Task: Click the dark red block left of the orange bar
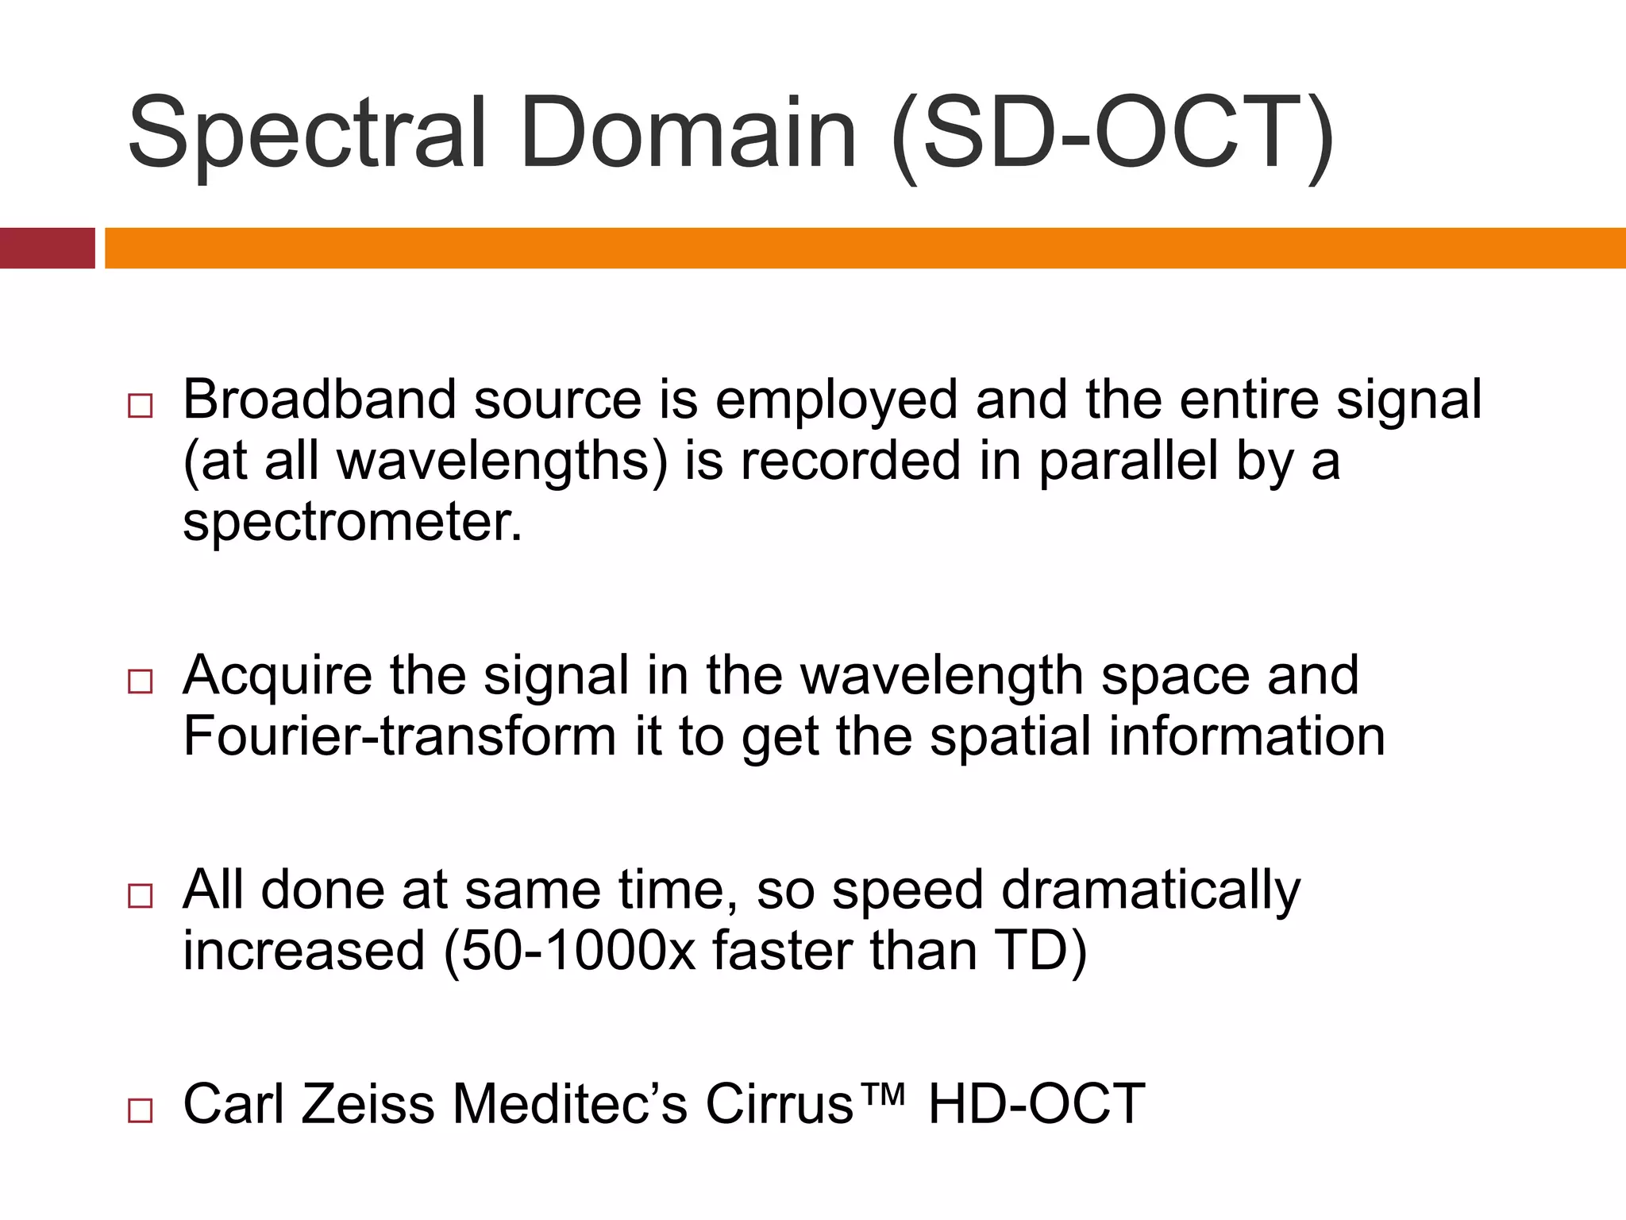[x=47, y=248]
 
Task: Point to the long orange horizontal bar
[x=865, y=248]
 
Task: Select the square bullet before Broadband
[x=140, y=406]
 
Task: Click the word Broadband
[x=319, y=400]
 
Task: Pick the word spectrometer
[x=353, y=523]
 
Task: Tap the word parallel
[x=1128, y=461]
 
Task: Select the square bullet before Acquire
[x=140, y=681]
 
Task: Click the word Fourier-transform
[x=399, y=736]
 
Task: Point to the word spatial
[x=1010, y=736]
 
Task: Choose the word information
[x=1246, y=736]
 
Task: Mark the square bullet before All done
[x=140, y=896]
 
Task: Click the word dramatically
[x=1150, y=890]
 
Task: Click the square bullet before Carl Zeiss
[x=140, y=1110]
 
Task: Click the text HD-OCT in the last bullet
[x=1036, y=1104]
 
